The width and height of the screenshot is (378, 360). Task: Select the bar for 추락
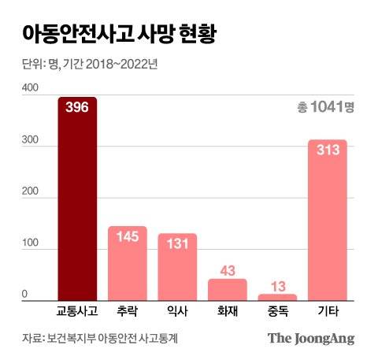128,263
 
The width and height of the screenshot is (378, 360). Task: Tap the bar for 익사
177,267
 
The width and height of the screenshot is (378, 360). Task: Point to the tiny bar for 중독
278,297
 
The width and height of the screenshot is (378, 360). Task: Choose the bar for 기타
328,221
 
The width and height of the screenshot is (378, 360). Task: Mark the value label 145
128,236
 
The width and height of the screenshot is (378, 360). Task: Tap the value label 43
228,270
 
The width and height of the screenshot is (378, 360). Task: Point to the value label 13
278,285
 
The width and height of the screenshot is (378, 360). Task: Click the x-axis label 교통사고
77,312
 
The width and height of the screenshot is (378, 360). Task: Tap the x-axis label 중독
278,312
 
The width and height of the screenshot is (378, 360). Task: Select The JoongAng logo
310,338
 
